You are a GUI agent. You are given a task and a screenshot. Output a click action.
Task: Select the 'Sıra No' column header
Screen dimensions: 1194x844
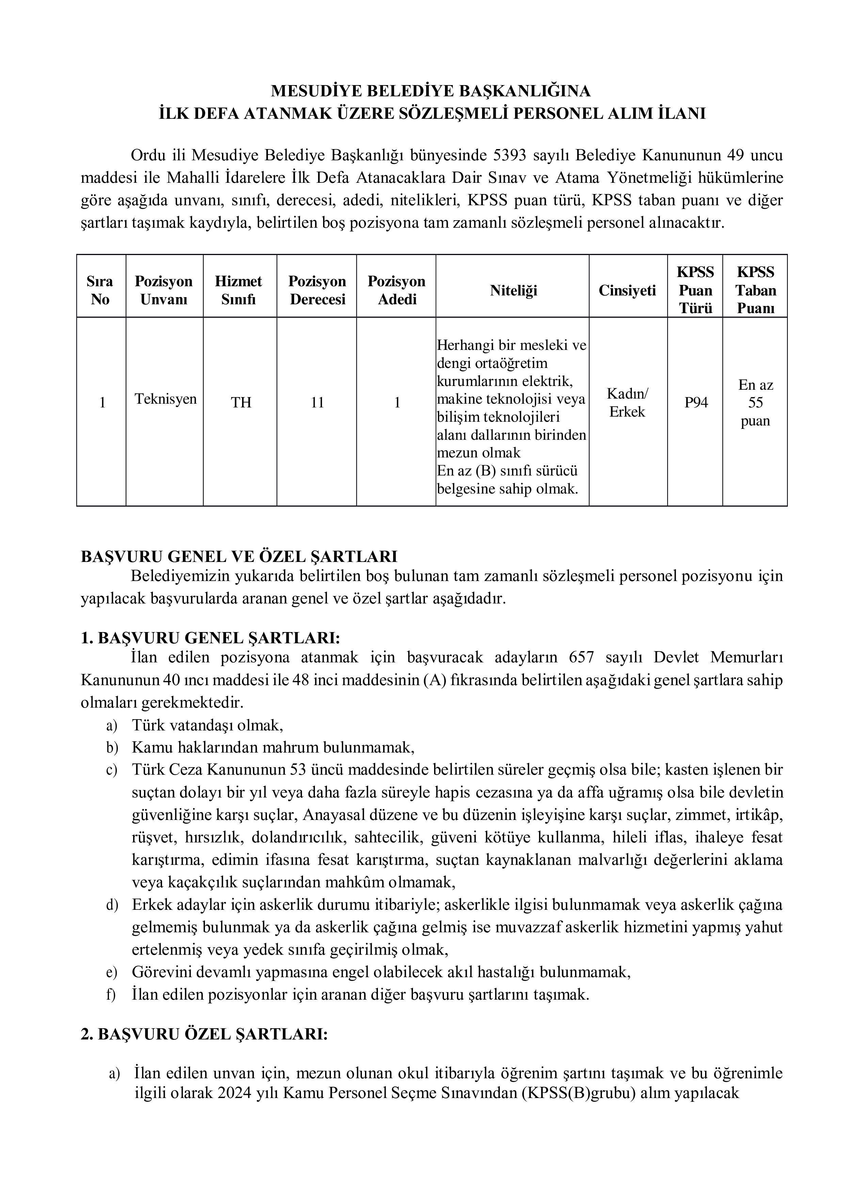point(100,290)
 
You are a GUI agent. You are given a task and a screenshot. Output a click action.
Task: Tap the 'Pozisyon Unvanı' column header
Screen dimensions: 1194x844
point(164,290)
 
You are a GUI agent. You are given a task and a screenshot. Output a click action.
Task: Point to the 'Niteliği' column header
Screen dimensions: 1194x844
point(513,290)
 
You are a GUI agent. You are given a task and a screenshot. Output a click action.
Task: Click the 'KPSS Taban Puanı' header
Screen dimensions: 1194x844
point(755,290)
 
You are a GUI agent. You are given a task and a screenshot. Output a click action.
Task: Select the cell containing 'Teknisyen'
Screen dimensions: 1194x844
point(165,399)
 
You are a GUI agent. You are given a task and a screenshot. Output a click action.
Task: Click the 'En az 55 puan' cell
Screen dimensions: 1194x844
point(755,403)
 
